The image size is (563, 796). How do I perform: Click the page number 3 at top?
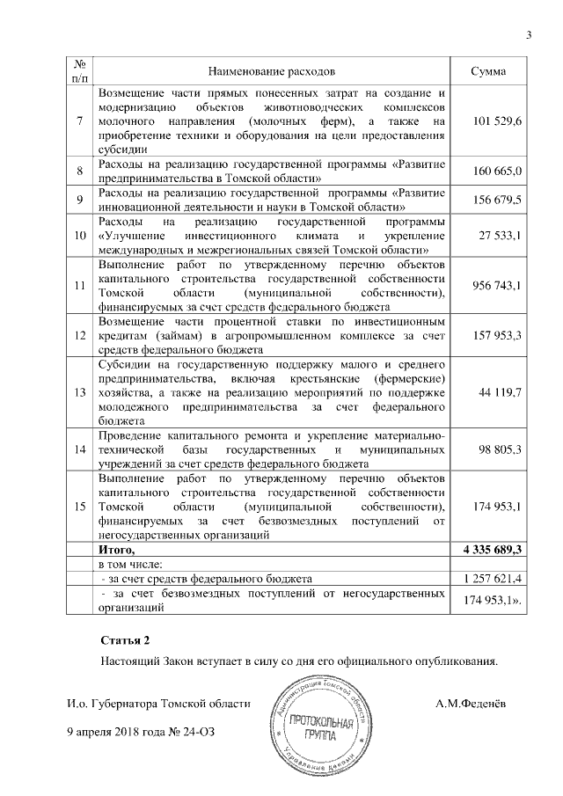[529, 35]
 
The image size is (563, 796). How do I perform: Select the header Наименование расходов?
[272, 69]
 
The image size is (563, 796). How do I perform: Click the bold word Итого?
[121, 549]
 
